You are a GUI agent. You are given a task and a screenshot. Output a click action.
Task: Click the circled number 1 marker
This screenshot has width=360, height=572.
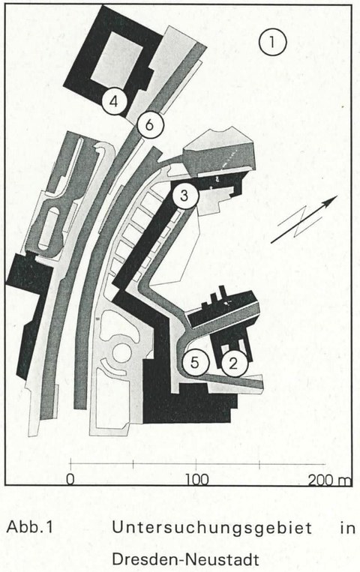273,42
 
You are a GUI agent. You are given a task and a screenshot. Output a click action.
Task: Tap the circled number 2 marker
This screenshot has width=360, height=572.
235,364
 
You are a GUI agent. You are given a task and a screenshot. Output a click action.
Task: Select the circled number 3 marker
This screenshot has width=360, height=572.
184,196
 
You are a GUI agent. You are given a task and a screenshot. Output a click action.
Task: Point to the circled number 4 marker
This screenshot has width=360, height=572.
114,101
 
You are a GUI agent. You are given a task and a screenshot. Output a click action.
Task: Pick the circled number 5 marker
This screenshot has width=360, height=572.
195,363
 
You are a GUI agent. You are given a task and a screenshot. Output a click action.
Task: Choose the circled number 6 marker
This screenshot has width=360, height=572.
150,124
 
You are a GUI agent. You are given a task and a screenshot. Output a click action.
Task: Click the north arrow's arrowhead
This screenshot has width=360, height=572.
331,200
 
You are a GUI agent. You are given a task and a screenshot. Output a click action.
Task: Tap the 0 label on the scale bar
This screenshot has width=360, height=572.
70,479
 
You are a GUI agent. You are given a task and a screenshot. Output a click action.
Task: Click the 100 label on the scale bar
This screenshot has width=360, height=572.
196,479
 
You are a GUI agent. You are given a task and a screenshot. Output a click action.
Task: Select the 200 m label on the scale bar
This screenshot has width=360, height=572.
329,480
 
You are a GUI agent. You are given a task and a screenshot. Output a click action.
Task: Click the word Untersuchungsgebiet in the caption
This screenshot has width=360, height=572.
212,529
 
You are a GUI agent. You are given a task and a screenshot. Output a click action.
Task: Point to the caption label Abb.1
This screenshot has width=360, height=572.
30,527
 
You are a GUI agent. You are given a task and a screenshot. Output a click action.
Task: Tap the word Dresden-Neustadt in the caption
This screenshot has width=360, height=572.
185,559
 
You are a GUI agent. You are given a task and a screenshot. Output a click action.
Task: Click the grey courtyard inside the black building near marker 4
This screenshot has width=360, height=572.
116,61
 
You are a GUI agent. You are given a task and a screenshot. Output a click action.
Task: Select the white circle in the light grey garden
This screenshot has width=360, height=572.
122,352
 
